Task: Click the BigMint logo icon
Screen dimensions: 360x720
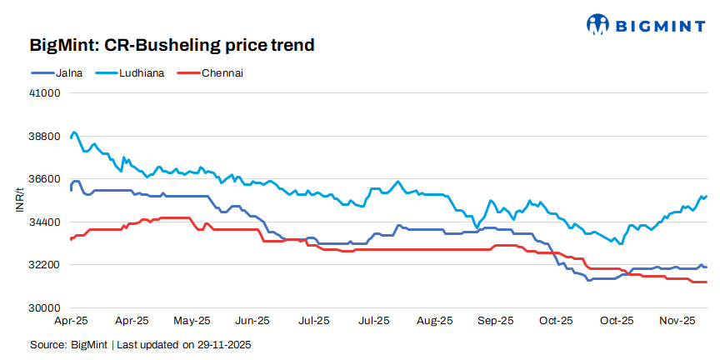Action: pyautogui.click(x=598, y=24)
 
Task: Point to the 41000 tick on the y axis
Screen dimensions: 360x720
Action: pyautogui.click(x=47, y=93)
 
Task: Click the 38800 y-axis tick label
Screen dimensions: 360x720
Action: pyautogui.click(x=47, y=136)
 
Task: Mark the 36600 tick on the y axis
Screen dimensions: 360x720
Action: pyautogui.click(x=47, y=179)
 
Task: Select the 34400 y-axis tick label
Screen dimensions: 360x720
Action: pyautogui.click(x=47, y=222)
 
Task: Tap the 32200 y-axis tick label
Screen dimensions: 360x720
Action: pyautogui.click(x=47, y=265)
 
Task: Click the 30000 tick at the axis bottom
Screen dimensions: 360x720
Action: pyautogui.click(x=47, y=307)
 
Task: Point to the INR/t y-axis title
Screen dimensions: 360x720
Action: pyautogui.click(x=20, y=200)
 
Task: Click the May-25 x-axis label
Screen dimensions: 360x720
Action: pyautogui.click(x=192, y=320)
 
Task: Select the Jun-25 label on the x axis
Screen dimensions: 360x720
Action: pyautogui.click(x=252, y=320)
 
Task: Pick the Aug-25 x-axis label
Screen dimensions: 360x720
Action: pyautogui.click(x=434, y=320)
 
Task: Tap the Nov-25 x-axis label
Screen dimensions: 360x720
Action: pyautogui.click(x=677, y=320)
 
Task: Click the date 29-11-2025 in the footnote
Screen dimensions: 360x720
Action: pyautogui.click(x=222, y=344)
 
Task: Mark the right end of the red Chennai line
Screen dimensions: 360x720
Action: pyautogui.click(x=707, y=282)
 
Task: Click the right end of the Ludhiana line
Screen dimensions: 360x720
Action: pyautogui.click(x=707, y=196)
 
